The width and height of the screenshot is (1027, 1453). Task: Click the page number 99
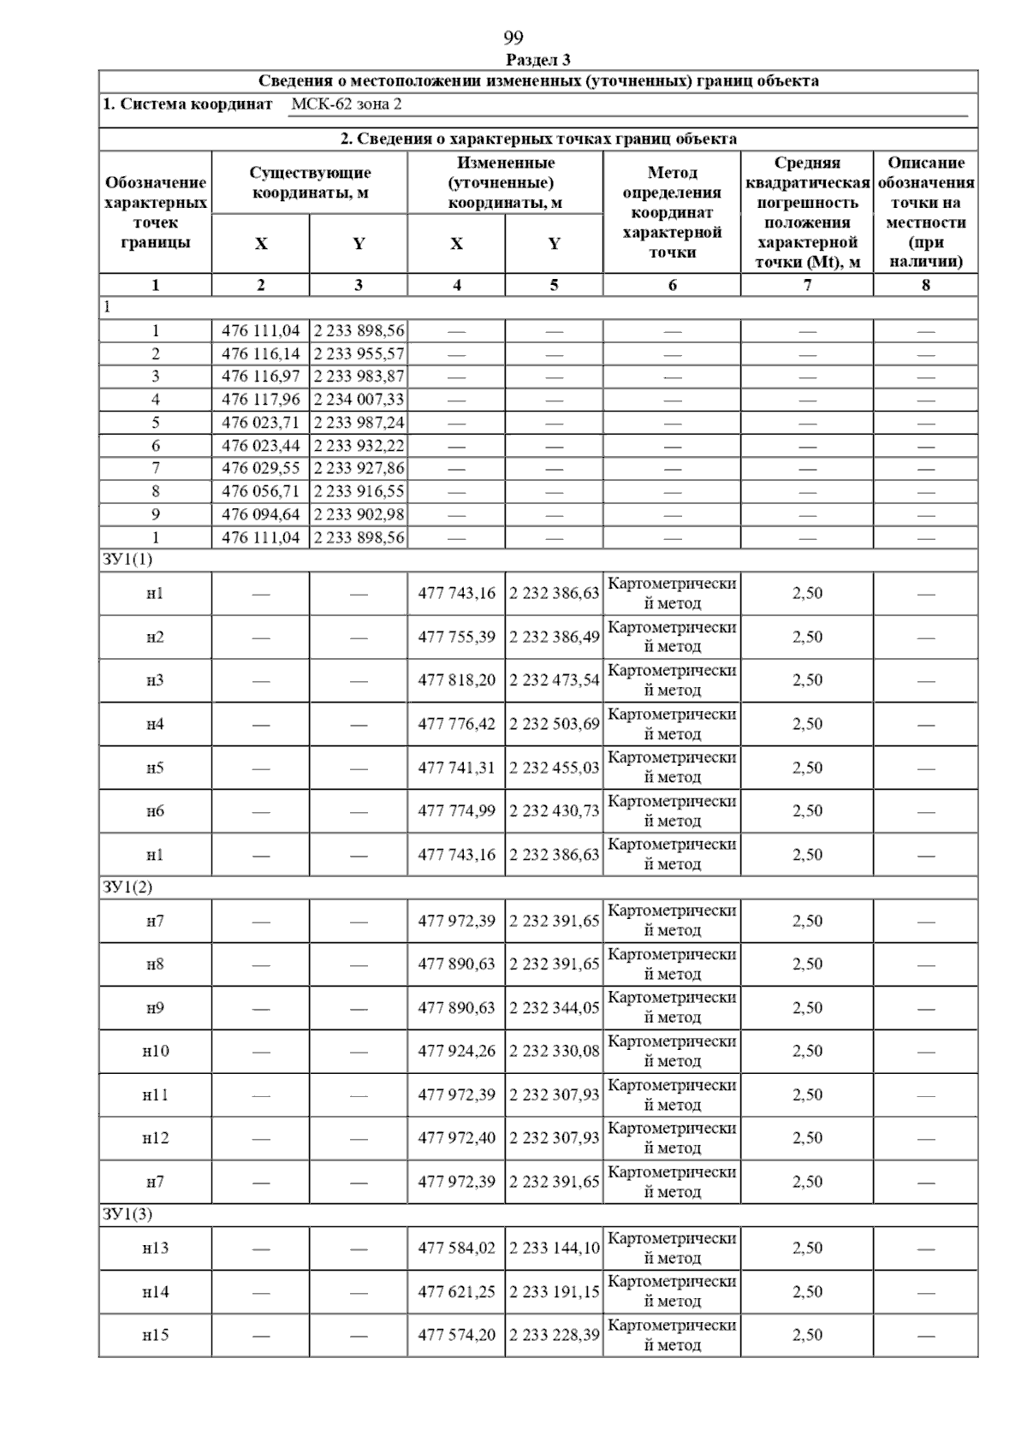513,38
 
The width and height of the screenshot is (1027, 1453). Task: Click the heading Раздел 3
538,60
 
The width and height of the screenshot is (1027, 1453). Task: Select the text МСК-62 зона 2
346,104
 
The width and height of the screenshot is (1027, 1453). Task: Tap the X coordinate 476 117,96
260,400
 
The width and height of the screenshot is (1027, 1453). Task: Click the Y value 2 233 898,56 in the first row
359,331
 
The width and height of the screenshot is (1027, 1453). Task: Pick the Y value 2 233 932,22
359,446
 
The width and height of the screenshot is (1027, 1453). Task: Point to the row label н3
155,681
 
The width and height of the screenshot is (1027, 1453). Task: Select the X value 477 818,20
456,681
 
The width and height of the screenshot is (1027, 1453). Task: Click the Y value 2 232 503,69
554,725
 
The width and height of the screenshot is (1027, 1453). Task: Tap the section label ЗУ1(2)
127,887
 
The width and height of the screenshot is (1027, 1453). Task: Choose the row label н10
155,1052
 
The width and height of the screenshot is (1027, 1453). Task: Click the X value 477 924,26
456,1052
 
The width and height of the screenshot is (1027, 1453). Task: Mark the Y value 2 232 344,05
554,1008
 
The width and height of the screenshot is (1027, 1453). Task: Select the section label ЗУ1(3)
127,1214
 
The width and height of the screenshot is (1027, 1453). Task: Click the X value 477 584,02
456,1248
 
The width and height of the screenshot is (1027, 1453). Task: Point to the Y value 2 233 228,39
554,1335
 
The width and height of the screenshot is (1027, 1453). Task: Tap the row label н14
155,1292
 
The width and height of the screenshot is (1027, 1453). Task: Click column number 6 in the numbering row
672,285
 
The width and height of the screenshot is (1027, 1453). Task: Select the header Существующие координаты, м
310,183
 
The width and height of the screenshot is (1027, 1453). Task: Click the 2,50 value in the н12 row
807,1138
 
